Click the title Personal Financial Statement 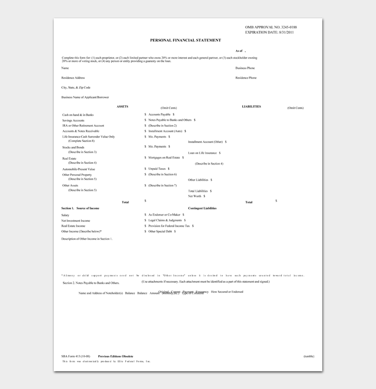pyautogui.click(x=185, y=40)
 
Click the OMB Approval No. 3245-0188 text pyautogui.click(x=271, y=27)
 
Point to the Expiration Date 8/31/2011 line pyautogui.click(x=269, y=32)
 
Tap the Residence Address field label pyautogui.click(x=73, y=78)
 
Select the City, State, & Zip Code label pyautogui.click(x=76, y=87)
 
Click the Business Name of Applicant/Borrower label pyautogui.click(x=85, y=97)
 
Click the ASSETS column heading pyautogui.click(x=122, y=106)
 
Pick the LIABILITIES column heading pyautogui.click(x=251, y=106)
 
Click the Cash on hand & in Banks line pyautogui.click(x=78, y=115)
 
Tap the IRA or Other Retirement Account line pyautogui.click(x=83, y=125)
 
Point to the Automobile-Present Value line pyautogui.click(x=78, y=169)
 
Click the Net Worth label pyautogui.click(x=195, y=196)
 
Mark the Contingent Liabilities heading pyautogui.click(x=202, y=207)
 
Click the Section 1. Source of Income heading pyautogui.click(x=80, y=207)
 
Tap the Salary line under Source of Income pyautogui.click(x=66, y=215)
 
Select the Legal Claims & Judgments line pyautogui.click(x=166, y=220)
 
